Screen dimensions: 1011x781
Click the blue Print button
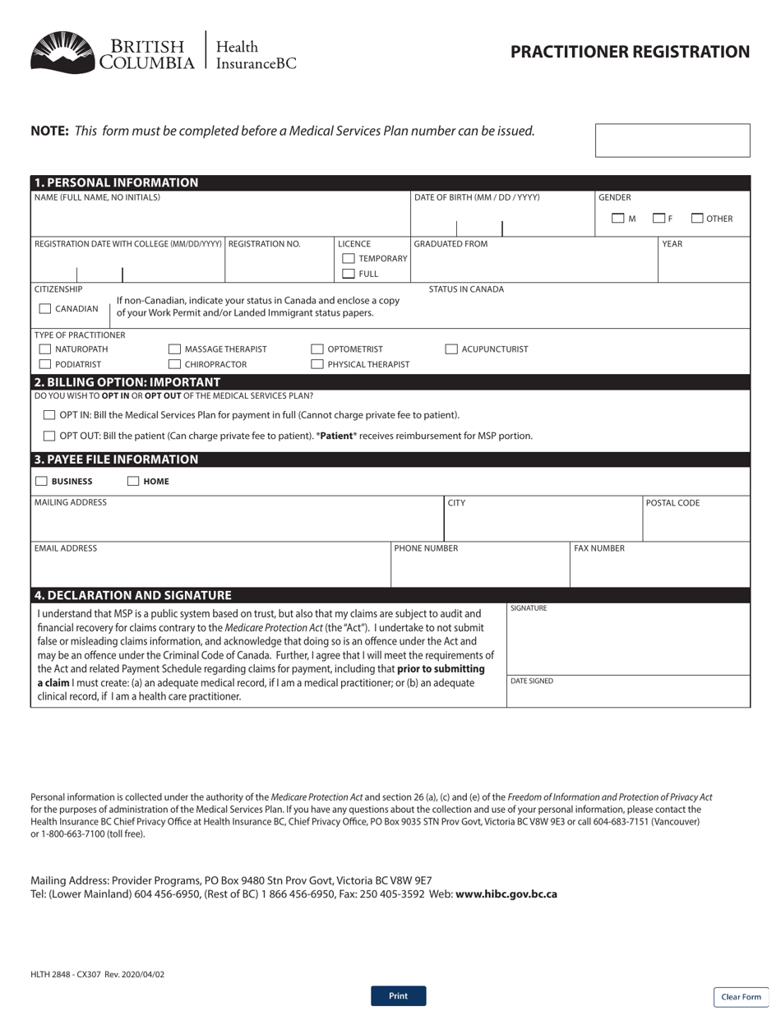pyautogui.click(x=398, y=995)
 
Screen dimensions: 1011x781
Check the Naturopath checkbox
pyautogui.click(x=45, y=349)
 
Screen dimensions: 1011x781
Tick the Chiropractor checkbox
pyautogui.click(x=174, y=364)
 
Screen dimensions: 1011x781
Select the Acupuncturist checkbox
pyautogui.click(x=451, y=349)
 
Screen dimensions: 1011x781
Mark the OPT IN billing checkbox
pyautogui.click(x=49, y=415)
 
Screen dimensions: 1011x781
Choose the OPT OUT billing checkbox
pyautogui.click(x=49, y=436)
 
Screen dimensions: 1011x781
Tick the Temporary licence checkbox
pyautogui.click(x=349, y=259)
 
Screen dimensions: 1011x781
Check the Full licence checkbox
pyautogui.click(x=349, y=274)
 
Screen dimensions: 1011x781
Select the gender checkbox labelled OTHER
pyautogui.click(x=697, y=219)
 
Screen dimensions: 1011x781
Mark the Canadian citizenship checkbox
pyautogui.click(x=45, y=309)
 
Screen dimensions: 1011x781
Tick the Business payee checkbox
pyautogui.click(x=41, y=481)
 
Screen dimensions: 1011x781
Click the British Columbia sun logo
pyautogui.click(x=62, y=53)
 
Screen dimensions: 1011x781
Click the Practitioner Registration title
pyautogui.click(x=630, y=53)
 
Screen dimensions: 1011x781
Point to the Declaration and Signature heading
pyautogui.click(x=133, y=595)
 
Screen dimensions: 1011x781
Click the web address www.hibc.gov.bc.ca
pyautogui.click(x=506, y=894)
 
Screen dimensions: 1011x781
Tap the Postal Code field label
pyautogui.click(x=672, y=503)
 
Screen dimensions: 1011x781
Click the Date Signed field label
pyautogui.click(x=531, y=681)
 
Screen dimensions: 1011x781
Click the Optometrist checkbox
pyautogui.click(x=317, y=349)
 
